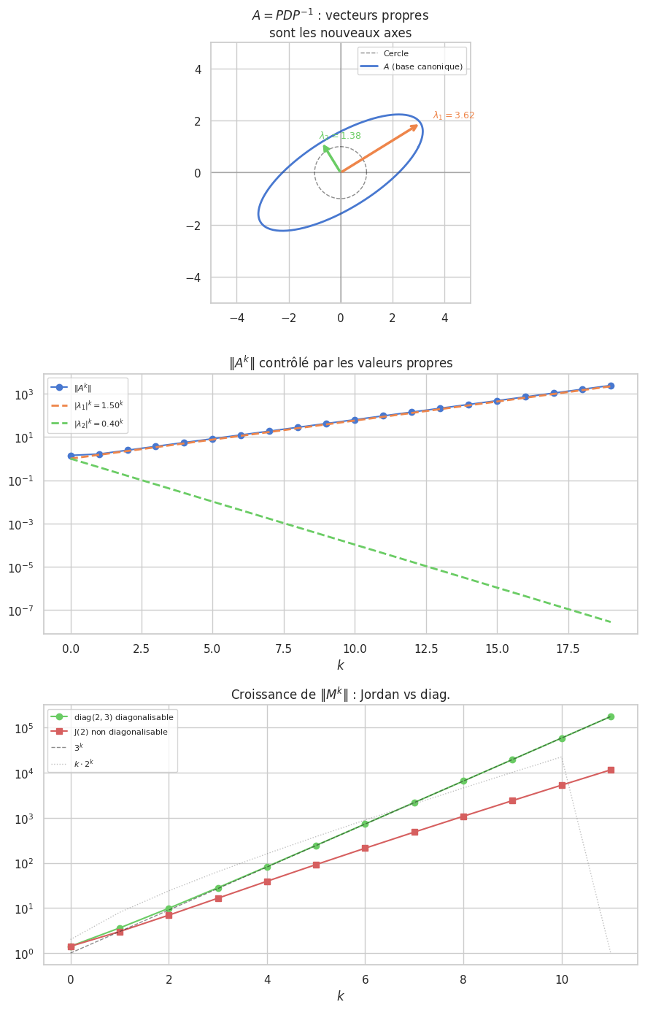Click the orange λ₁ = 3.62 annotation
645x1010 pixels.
453,115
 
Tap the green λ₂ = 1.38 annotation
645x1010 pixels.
340,136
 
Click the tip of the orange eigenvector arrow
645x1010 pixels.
418,125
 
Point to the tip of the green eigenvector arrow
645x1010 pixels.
324,145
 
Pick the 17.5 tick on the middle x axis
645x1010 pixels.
568,649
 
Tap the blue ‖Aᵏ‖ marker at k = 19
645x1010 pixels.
611,386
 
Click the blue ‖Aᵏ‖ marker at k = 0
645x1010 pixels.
71,456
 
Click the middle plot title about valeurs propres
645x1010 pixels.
341,363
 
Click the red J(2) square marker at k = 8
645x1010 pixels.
463,816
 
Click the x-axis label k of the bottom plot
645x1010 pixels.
340,996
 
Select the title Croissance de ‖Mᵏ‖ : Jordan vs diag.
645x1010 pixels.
340,695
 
